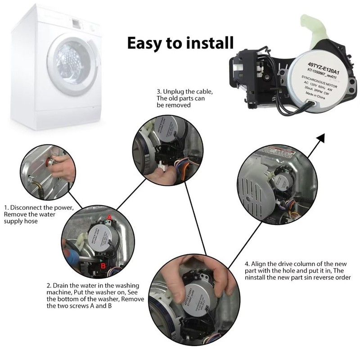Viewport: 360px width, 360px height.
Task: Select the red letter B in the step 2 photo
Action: (103, 266)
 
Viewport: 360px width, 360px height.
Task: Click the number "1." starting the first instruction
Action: (6, 207)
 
